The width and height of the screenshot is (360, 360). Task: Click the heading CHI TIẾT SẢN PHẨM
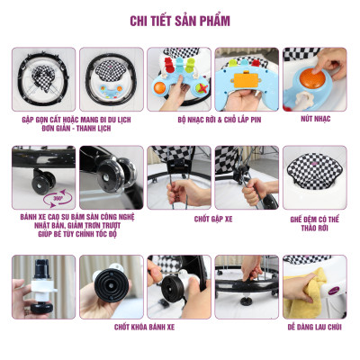point(180,19)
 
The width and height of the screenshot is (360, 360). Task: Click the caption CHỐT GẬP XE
point(214,217)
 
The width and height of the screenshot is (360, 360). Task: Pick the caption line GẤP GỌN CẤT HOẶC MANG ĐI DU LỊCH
point(66,118)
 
